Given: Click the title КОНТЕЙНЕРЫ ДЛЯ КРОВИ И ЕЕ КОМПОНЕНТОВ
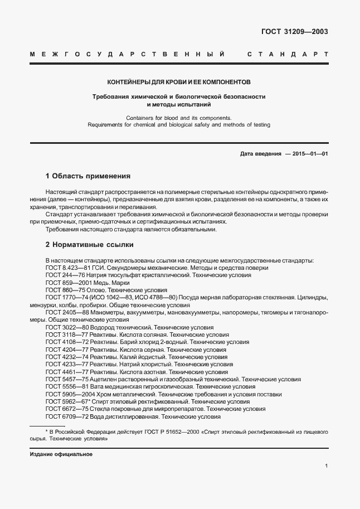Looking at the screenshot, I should coord(179,81).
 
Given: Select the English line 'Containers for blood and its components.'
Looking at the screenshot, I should coord(178,118).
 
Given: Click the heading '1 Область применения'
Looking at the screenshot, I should coord(87,176).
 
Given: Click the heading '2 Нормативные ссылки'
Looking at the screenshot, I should coord(89,244).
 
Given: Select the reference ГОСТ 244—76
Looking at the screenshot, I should coord(65,275).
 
